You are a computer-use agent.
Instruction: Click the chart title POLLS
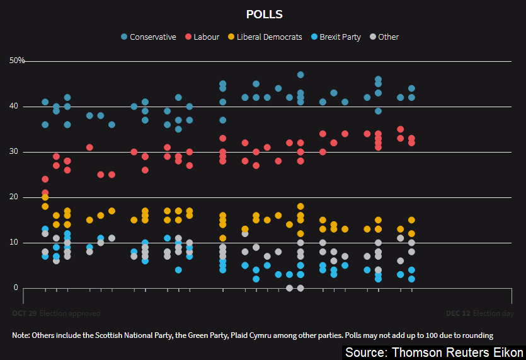pos(265,15)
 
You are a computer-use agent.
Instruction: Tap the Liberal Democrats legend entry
pos(268,37)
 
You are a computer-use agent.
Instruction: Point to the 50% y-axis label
pos(17,61)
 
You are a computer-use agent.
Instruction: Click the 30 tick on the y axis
pos(14,152)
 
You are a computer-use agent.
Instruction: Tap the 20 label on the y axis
pos(14,197)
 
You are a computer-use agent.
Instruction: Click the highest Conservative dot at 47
pos(300,75)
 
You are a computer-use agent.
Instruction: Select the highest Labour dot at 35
pos(401,129)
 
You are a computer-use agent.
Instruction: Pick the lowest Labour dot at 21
pos(45,193)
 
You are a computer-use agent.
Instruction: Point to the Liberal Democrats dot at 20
pos(45,197)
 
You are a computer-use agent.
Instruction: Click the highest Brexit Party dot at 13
pos(45,229)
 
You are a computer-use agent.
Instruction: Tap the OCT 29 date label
pos(24,313)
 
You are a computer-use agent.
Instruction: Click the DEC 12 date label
pos(457,313)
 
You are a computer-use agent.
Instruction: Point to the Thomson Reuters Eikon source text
pos(435,352)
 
